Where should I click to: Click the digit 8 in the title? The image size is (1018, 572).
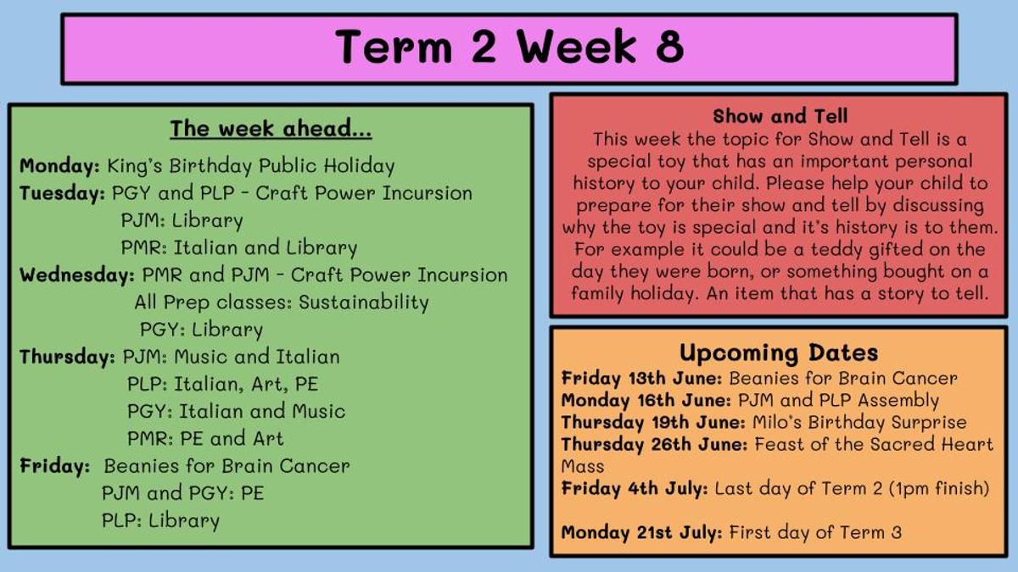coord(670,47)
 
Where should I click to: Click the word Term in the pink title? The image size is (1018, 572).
coord(394,47)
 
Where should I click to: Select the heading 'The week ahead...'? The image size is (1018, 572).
coord(271,129)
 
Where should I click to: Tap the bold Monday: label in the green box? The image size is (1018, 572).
coord(59,166)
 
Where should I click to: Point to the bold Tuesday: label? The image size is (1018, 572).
coord(62,193)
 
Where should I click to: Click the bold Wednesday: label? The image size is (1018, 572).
coord(77,275)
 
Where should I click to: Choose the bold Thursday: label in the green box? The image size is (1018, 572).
coord(67,357)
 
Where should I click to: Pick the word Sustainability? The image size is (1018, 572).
coord(364,303)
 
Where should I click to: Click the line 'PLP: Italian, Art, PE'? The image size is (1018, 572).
coord(222,385)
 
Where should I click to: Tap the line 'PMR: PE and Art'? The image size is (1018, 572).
coord(205,439)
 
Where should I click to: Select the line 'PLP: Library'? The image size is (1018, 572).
coord(160,520)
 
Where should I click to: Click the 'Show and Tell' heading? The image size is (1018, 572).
coord(780,116)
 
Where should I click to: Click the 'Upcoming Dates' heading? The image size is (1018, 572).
coord(779,353)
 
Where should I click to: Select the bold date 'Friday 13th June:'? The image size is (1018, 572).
coord(641,378)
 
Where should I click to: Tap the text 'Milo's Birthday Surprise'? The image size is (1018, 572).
coord(859,423)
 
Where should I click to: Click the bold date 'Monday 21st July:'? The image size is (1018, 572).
coord(641,532)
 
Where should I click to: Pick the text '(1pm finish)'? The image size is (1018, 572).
coord(939,488)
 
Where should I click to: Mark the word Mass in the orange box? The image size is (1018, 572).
coord(583,467)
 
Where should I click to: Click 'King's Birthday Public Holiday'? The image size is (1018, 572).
coord(251,166)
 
